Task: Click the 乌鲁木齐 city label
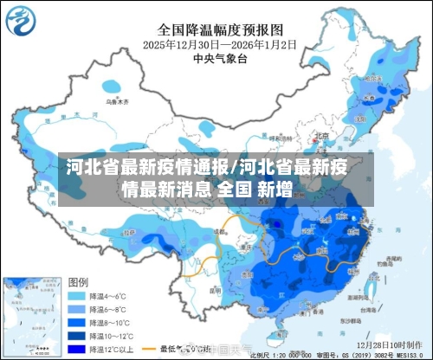(x=113, y=101)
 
